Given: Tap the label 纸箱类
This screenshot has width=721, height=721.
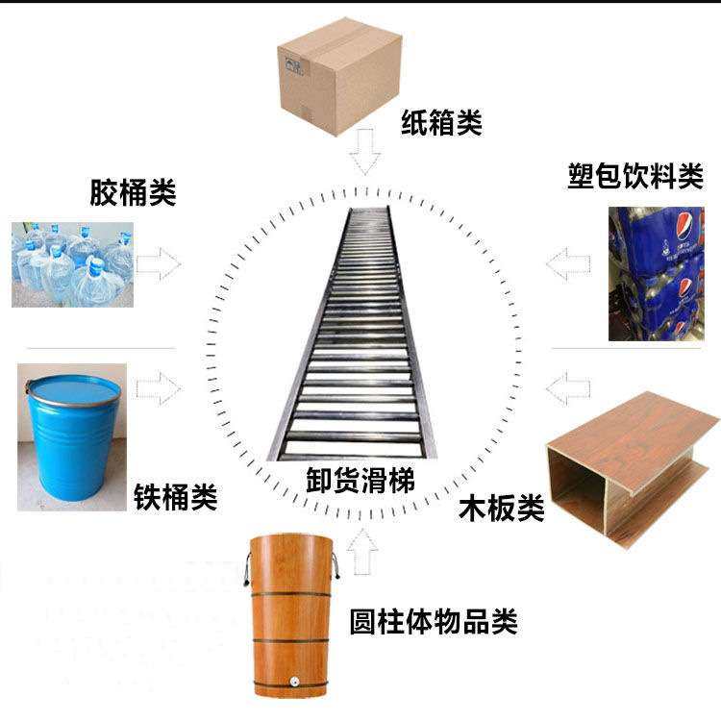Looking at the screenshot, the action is pos(441,122).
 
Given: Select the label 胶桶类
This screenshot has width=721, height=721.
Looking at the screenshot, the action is pos(133,192).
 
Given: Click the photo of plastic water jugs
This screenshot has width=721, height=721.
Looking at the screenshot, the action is pos(73,264).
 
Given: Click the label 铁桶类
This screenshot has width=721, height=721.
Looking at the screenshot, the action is pos(174,497).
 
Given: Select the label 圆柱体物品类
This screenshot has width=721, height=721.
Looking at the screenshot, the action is pos(434,620).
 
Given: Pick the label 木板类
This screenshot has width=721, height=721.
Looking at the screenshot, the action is pos(501,507).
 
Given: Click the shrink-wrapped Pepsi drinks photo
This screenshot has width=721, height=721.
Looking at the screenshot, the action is pos(663,274).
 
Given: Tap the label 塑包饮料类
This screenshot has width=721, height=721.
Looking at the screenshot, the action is pos(635,177).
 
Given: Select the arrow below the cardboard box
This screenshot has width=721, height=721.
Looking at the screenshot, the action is pos(364,152).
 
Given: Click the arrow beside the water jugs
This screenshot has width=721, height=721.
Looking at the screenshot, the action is pos(158,263).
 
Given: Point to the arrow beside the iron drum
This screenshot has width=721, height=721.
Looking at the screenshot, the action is pos(158,388).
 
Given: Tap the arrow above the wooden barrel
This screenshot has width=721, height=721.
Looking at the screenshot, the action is pos(364,553).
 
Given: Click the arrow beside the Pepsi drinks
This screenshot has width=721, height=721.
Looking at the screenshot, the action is pos(569,263).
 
